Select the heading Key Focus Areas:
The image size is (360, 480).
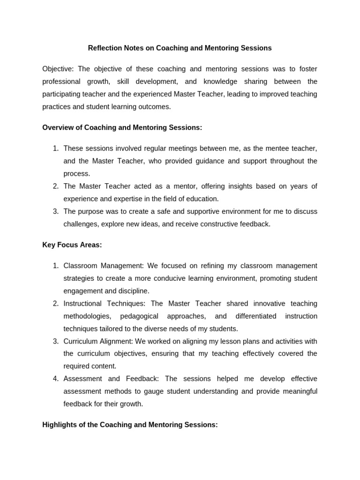(72, 245)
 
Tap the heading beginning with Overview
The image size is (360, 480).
(122, 127)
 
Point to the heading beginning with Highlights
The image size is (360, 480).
(130, 425)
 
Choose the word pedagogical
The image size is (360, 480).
(139, 316)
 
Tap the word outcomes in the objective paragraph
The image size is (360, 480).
(155, 106)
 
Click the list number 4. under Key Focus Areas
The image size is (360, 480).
(55, 378)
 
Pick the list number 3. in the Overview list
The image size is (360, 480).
(55, 211)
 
